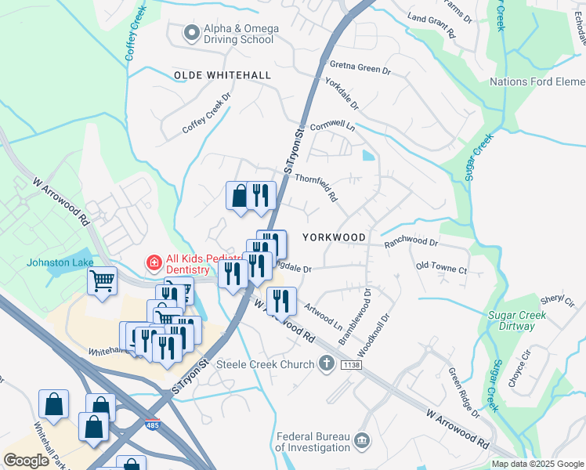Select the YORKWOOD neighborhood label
click(x=334, y=237)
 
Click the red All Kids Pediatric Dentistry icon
click(x=154, y=262)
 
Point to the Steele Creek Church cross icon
click(x=327, y=363)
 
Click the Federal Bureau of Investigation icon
click(x=362, y=442)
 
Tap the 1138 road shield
click(x=351, y=366)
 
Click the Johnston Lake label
click(x=60, y=262)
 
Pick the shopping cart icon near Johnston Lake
click(x=103, y=280)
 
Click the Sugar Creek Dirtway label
click(x=516, y=321)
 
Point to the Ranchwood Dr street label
click(x=411, y=244)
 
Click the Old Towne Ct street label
click(x=441, y=269)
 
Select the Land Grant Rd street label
click(x=431, y=30)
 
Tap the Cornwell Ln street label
click(x=332, y=126)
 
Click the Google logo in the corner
click(x=26, y=461)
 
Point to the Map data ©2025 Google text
click(x=537, y=464)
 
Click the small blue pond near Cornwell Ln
click(x=368, y=155)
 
